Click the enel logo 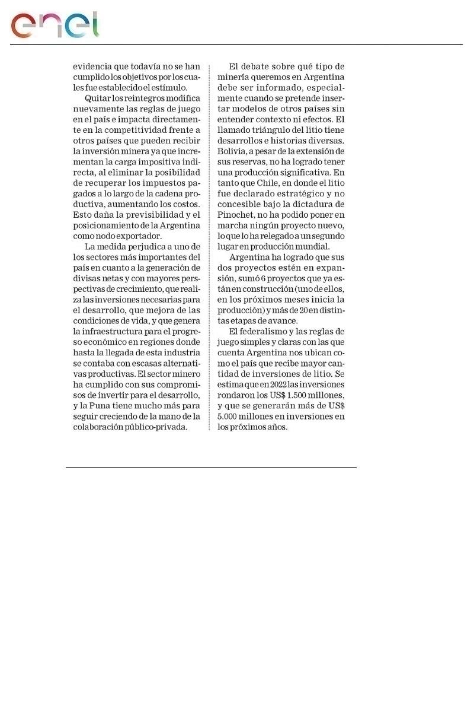coord(55,25)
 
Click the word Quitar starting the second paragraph coord(98,98)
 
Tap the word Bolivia coord(233,151)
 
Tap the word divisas coord(88,278)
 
